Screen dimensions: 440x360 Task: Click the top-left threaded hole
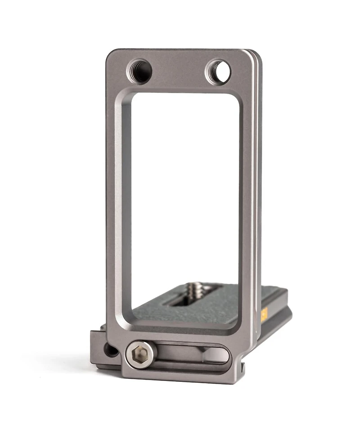click(x=139, y=71)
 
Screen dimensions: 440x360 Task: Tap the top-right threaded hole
click(x=218, y=72)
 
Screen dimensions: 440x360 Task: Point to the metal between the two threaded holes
click(x=179, y=70)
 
